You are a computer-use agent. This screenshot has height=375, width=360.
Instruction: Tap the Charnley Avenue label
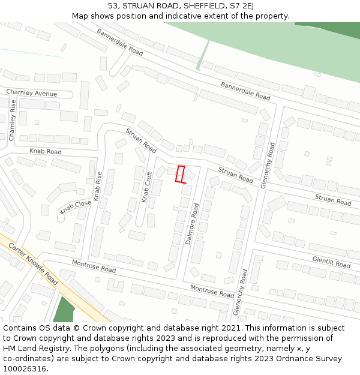(x=31, y=94)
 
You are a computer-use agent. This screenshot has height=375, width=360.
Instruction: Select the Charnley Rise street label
(x=12, y=121)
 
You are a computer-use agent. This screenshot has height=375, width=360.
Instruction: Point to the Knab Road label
(x=46, y=152)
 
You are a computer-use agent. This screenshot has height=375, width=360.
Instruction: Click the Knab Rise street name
(x=98, y=185)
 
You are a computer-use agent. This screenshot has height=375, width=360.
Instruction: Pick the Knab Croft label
(x=146, y=187)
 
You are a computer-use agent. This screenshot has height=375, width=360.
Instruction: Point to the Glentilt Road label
(x=331, y=262)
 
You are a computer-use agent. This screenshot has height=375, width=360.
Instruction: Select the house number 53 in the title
(x=114, y=6)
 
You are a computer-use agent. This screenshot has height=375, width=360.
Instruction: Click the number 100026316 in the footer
(x=24, y=369)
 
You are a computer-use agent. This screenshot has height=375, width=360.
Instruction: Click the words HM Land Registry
(x=34, y=349)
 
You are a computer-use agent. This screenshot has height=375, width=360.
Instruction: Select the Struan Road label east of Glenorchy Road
(x=333, y=200)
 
